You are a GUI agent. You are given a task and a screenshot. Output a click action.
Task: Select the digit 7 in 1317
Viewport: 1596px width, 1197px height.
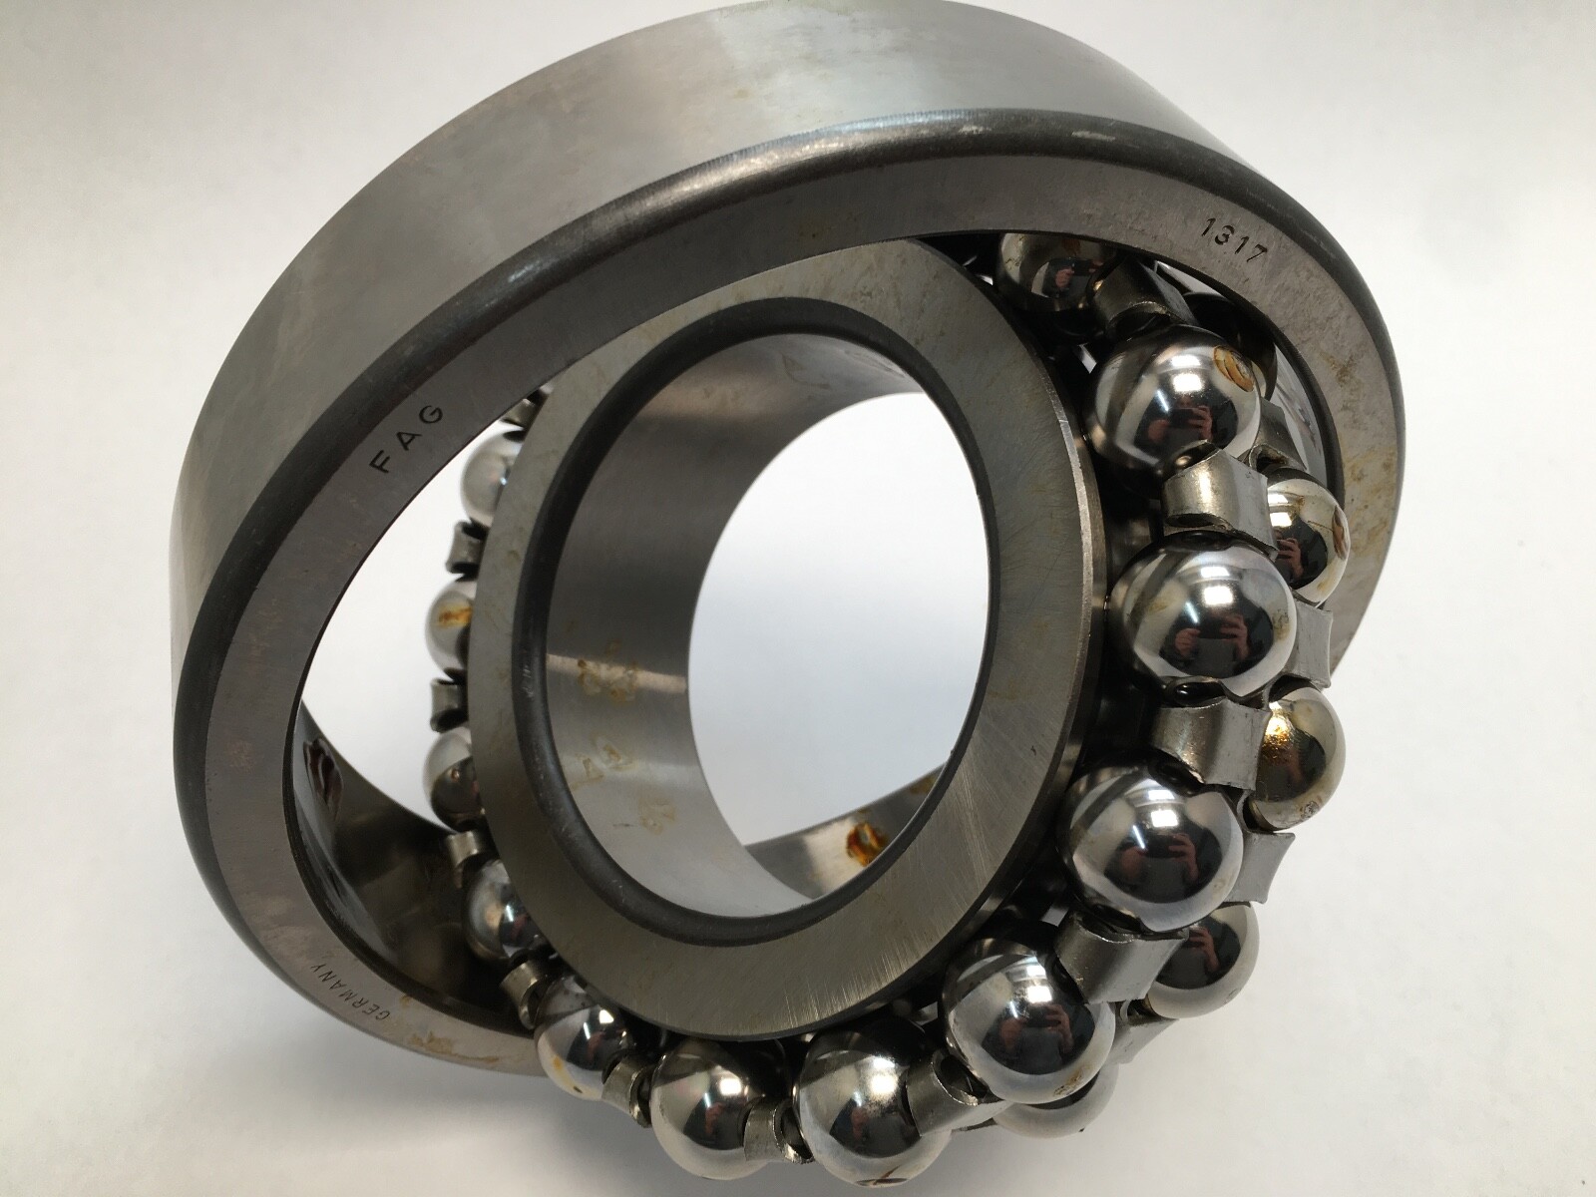pyautogui.click(x=1258, y=260)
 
